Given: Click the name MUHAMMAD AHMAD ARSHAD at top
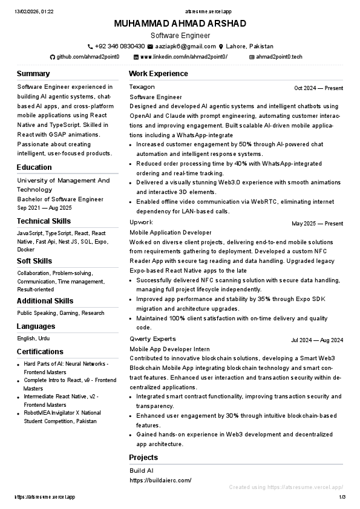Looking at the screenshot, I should (180, 24).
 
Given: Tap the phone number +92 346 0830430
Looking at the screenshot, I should (120, 47).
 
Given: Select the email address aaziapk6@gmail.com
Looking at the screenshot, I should (185, 47).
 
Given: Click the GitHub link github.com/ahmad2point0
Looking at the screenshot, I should (88, 57).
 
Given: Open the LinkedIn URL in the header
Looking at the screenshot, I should (184, 57).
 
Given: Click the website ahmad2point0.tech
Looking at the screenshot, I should (279, 57).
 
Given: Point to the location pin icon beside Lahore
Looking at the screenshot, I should (221, 47).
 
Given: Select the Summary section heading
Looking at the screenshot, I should (33, 74).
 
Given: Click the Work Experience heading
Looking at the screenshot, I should (158, 74).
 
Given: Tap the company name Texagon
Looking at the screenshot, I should (142, 87).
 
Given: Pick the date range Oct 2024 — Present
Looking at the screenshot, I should (318, 88).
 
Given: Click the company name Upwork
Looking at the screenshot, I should (141, 222).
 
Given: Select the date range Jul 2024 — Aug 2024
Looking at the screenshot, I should (317, 340).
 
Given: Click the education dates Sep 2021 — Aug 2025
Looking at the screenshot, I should (44, 208).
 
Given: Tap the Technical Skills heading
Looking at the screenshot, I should (44, 221).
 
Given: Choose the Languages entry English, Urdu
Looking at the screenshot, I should (34, 339).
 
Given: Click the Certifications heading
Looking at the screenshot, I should (40, 352).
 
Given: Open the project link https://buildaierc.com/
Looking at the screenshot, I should (160, 481).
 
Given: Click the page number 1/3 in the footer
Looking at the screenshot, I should (342, 497).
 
